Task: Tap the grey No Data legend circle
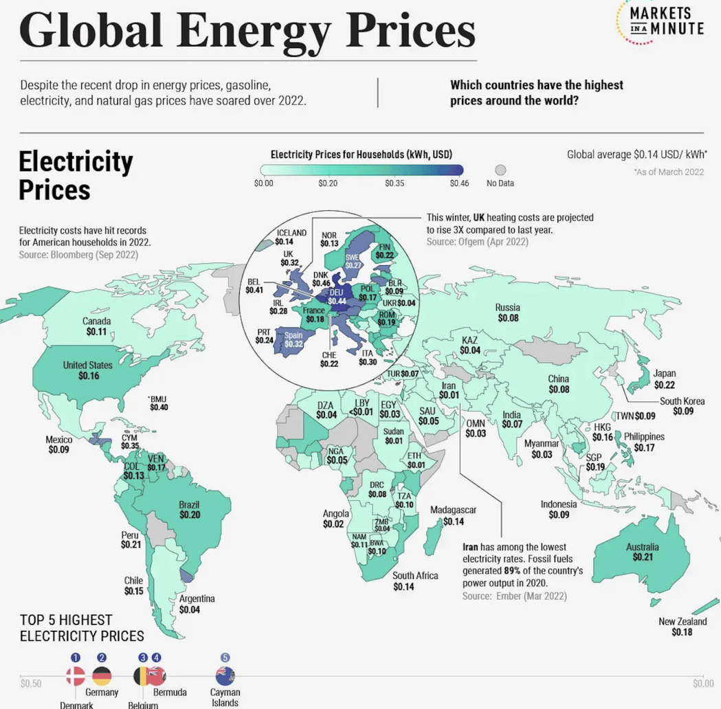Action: [x=500, y=170]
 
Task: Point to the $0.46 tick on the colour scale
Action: [x=459, y=183]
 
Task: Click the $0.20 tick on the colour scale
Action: [x=328, y=183]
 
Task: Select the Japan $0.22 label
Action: [x=664, y=380]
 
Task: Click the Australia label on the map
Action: [x=642, y=552]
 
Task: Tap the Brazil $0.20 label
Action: [x=189, y=509]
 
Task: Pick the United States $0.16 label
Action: [x=88, y=370]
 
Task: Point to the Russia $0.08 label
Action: [x=508, y=313]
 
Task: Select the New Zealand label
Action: [x=682, y=627]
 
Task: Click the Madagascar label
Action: [x=453, y=516]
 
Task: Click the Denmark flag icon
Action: [x=75, y=676]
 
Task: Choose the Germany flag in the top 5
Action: [x=102, y=676]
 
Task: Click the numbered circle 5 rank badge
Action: [x=225, y=658]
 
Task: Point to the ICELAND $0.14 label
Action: [x=291, y=237]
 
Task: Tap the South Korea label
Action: [x=682, y=406]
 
